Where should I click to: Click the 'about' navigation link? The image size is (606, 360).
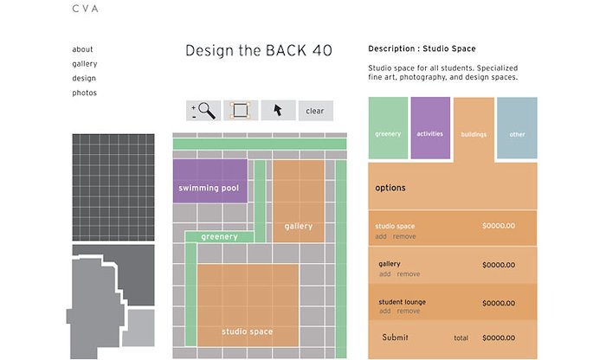[x=82, y=49]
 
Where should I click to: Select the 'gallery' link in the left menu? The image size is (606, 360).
[x=85, y=64]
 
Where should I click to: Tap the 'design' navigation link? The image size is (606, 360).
[x=84, y=78]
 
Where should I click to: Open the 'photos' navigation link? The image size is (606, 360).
[x=84, y=93]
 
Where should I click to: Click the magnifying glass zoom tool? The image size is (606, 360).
[x=203, y=111]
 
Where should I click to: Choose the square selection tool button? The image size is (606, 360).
[x=241, y=111]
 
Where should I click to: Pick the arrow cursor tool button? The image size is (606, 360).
[x=278, y=111]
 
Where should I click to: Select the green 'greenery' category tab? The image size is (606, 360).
[x=388, y=128]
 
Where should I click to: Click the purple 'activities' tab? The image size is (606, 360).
[x=430, y=128]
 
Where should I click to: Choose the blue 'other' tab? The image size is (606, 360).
[x=517, y=128]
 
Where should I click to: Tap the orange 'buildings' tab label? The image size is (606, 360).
[x=474, y=134]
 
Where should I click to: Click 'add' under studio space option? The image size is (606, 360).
[x=381, y=236]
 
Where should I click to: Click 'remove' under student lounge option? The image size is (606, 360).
[x=409, y=311]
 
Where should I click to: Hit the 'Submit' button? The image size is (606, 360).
[x=395, y=337]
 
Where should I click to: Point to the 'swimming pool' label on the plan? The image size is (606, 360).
[x=209, y=188]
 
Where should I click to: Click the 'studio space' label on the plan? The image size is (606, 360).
[x=248, y=331]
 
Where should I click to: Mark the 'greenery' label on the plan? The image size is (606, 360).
[x=220, y=236]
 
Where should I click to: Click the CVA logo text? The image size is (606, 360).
[x=86, y=9]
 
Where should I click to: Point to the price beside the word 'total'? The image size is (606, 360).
[x=499, y=338]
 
